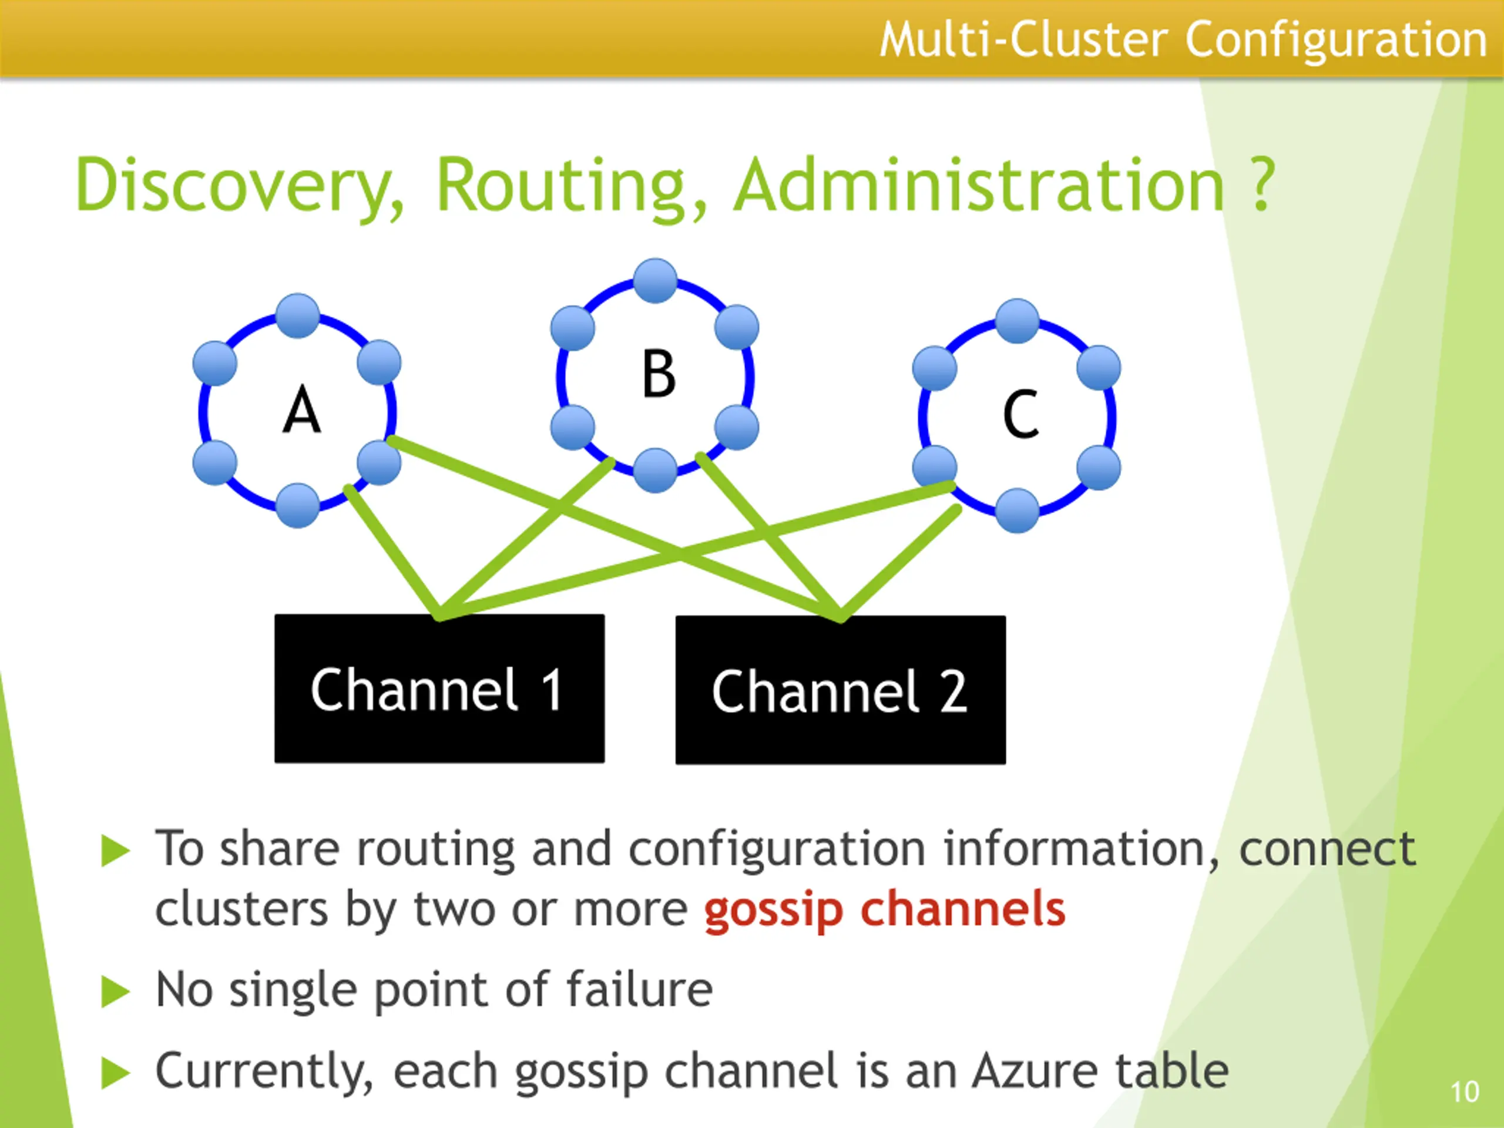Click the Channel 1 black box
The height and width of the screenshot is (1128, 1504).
(439, 688)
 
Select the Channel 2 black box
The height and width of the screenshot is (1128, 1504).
(840, 690)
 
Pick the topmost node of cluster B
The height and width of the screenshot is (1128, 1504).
(655, 280)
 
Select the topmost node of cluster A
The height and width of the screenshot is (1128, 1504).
(298, 315)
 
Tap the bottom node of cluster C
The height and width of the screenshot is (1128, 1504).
(1017, 511)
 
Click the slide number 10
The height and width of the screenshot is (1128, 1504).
(1464, 1092)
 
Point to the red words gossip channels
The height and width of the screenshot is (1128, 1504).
(884, 911)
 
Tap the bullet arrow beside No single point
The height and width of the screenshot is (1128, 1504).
(115, 991)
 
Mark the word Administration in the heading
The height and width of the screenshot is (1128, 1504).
(980, 184)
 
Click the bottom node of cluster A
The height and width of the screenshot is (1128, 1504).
(298, 505)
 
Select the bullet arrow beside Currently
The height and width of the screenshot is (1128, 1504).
(115, 1073)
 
